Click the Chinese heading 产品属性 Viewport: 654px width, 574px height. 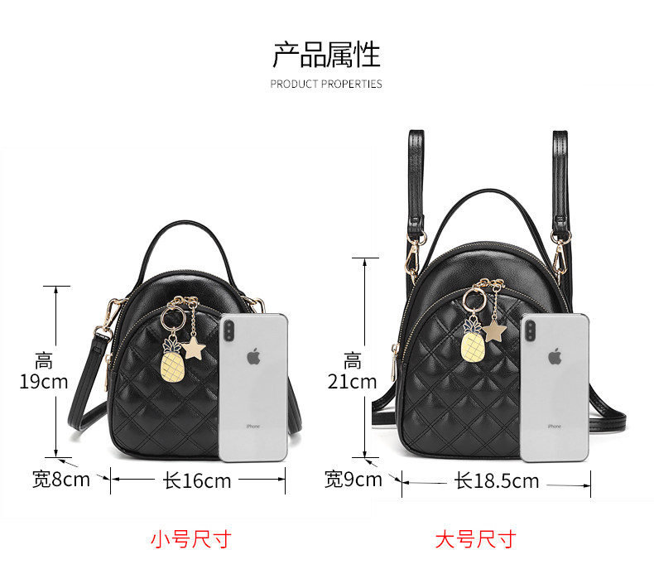point(326,55)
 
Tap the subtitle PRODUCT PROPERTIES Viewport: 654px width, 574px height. point(326,84)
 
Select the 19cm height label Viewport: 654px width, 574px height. point(44,382)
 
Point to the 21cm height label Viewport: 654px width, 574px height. point(352,382)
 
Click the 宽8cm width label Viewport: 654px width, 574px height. point(60,479)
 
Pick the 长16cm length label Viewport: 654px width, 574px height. point(197,480)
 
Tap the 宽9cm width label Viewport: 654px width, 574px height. point(353,479)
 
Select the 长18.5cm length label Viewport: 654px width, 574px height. point(496,480)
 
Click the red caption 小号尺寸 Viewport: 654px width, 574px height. point(190,539)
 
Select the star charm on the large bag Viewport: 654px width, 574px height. point(496,331)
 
